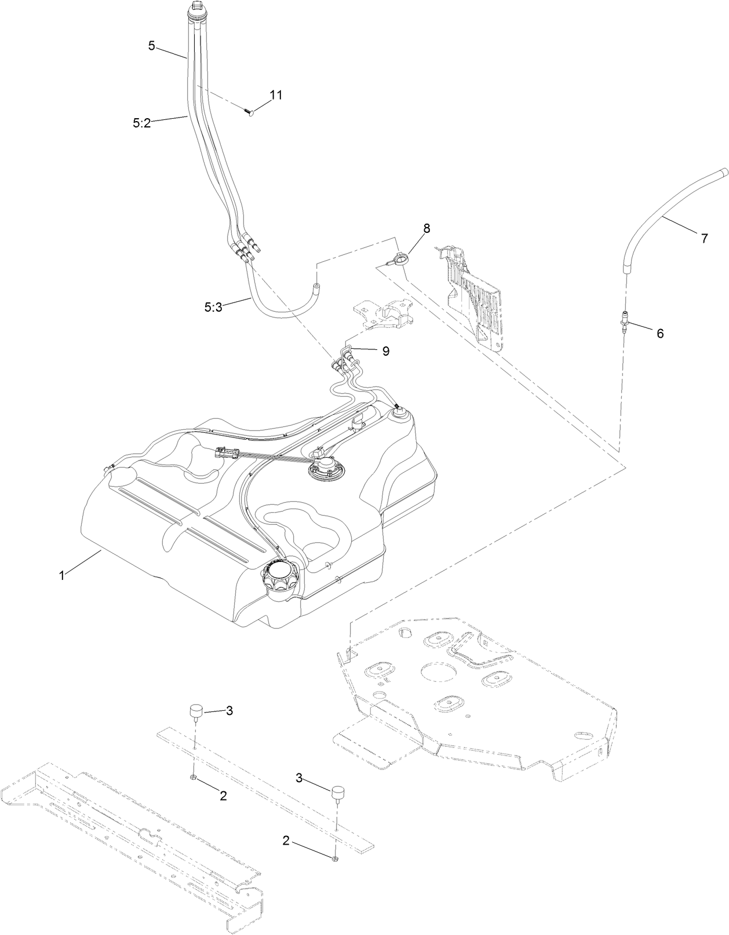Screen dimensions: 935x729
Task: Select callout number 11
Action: (276, 94)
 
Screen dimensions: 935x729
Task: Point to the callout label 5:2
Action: (141, 123)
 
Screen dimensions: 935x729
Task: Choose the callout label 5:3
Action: (213, 307)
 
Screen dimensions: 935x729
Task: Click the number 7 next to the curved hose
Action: (704, 238)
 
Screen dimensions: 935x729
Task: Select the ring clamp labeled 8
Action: (399, 260)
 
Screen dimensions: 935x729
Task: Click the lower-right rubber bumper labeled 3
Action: (338, 794)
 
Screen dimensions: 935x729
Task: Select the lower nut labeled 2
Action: (336, 856)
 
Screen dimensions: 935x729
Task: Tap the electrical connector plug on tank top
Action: (225, 452)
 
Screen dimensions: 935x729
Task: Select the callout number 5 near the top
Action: (151, 46)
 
